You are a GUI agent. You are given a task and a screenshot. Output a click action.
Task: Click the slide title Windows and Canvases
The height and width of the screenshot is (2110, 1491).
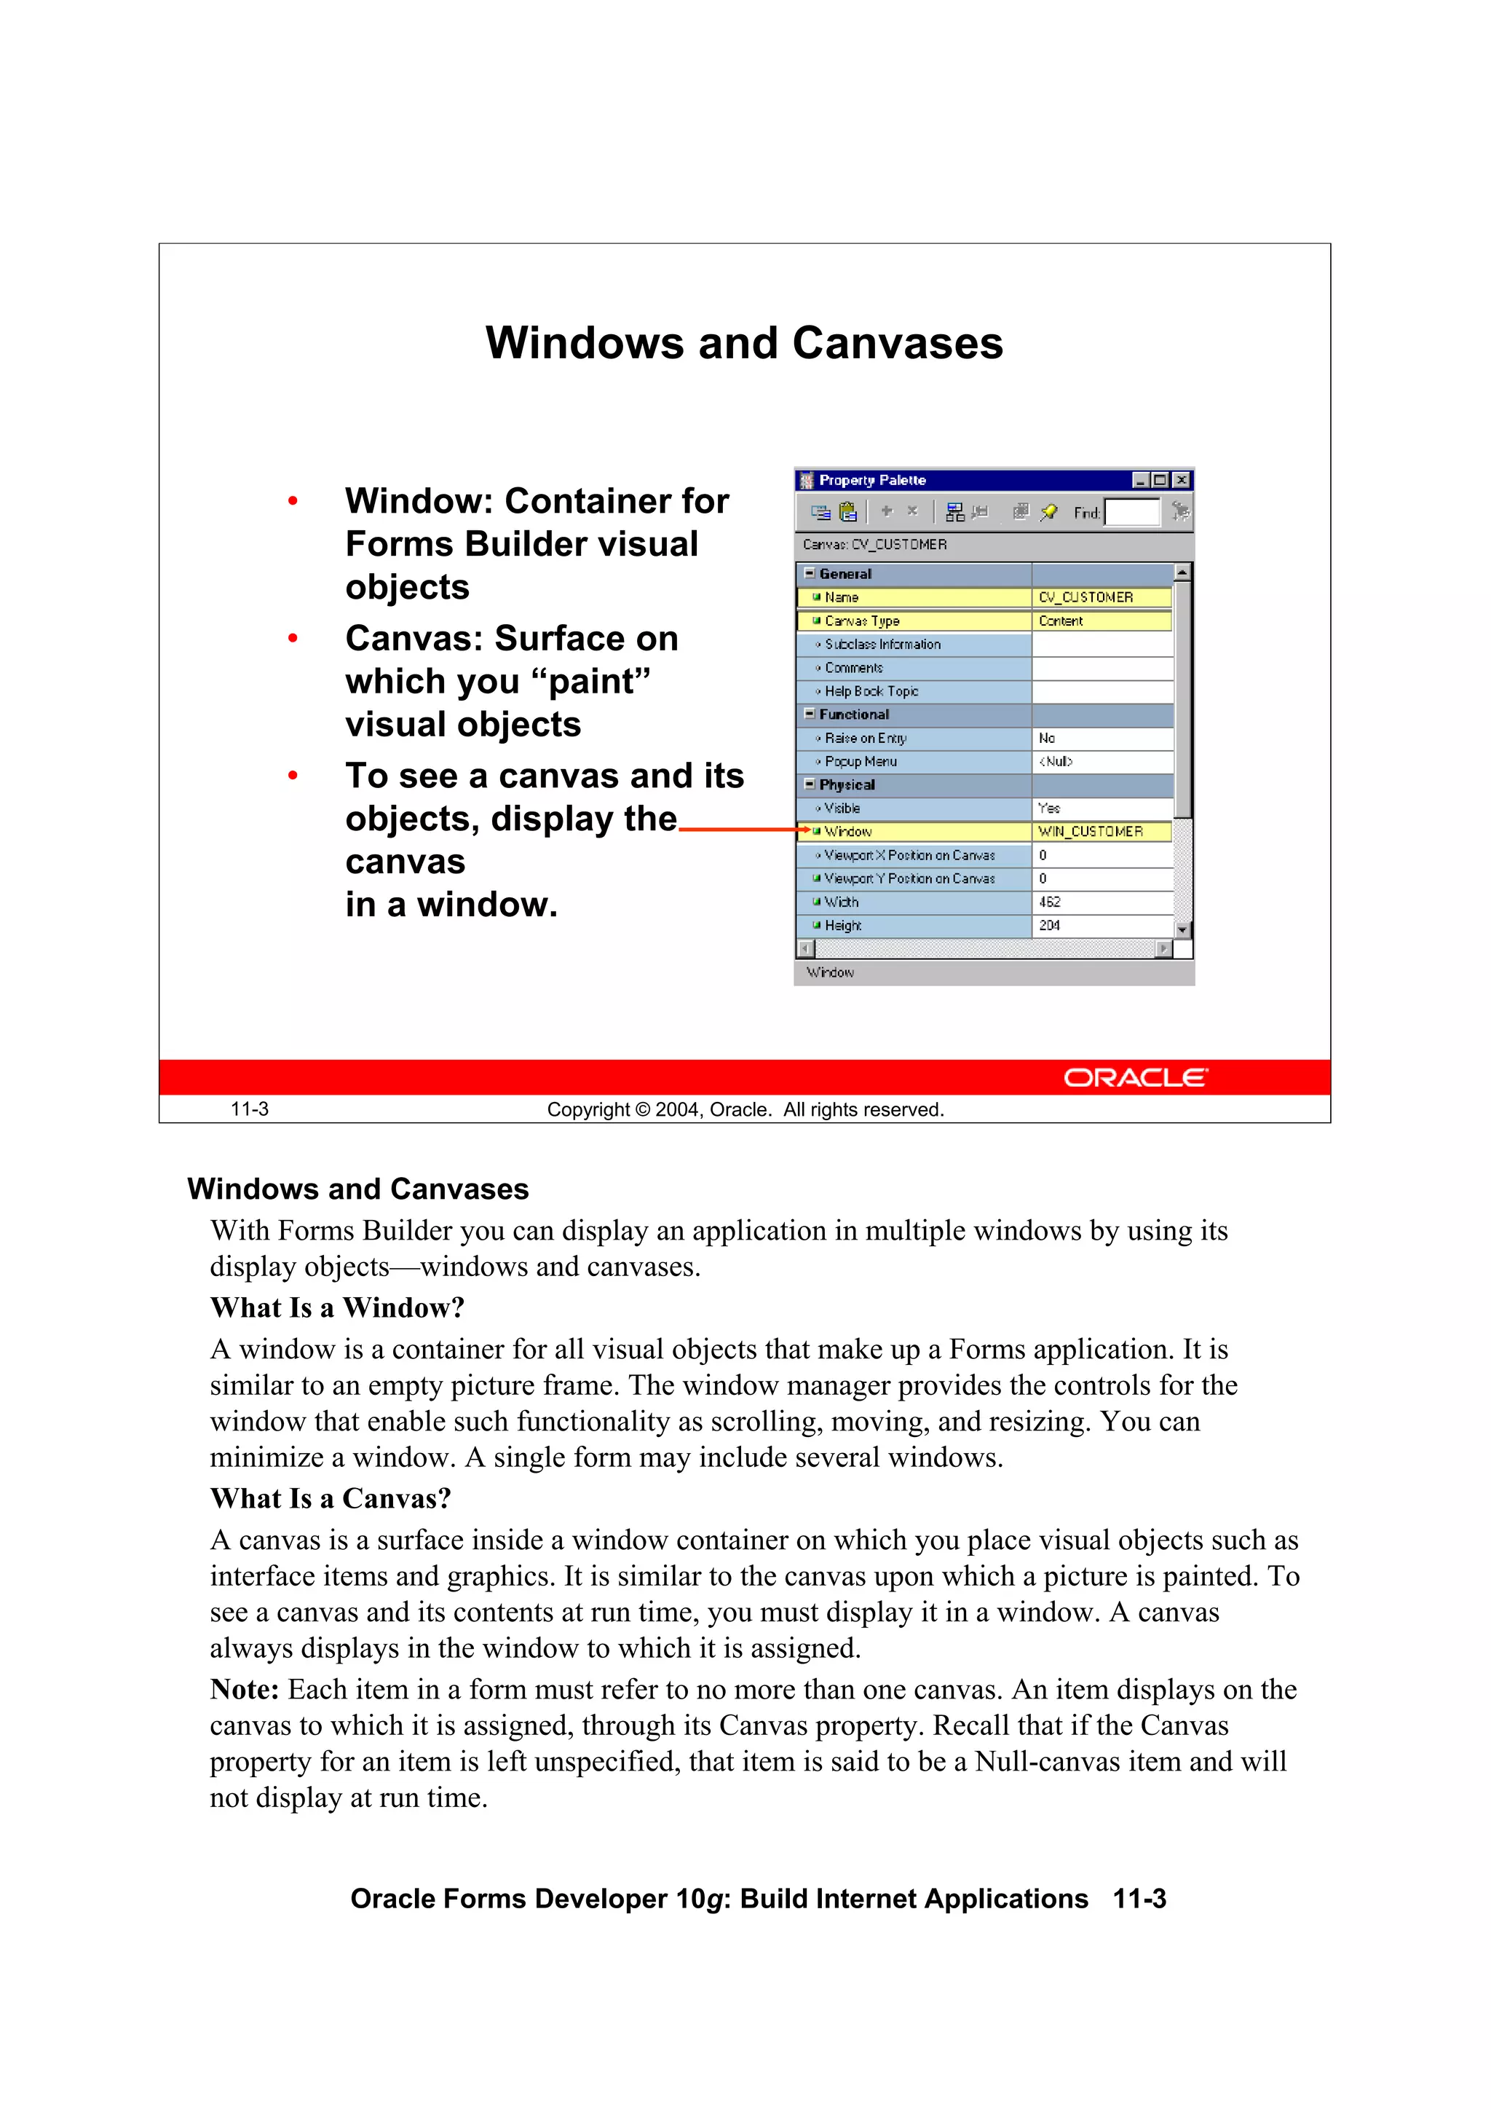[744, 344]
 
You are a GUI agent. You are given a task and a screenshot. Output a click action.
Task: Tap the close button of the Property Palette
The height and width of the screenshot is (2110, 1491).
[1182, 480]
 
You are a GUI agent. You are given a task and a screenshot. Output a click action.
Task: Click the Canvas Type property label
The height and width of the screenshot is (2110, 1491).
[862, 621]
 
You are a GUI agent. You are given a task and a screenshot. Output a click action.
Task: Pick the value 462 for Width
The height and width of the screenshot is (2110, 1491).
[1049, 902]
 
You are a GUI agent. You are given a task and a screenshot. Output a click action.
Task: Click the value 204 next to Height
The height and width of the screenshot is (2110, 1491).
[1049, 926]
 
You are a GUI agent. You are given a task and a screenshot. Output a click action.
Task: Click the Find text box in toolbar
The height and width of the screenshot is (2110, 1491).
[1132, 512]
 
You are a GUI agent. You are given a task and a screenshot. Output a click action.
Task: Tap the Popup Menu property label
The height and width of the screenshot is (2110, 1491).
[860, 761]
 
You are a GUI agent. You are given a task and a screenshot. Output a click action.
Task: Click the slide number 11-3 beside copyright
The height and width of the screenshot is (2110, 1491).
[249, 1109]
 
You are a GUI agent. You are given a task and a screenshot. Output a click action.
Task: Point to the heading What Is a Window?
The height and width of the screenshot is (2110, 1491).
[337, 1307]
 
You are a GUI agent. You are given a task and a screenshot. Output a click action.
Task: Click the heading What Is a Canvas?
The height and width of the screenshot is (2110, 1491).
[331, 1498]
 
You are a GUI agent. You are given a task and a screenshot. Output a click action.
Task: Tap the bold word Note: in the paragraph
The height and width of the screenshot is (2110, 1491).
[245, 1689]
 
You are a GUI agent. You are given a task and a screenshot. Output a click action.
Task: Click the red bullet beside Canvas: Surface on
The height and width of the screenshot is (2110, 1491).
[293, 639]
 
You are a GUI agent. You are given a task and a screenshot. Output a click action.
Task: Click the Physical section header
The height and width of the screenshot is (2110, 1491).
[846, 785]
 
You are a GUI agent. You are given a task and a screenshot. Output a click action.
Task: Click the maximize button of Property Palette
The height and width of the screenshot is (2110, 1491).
[1159, 480]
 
